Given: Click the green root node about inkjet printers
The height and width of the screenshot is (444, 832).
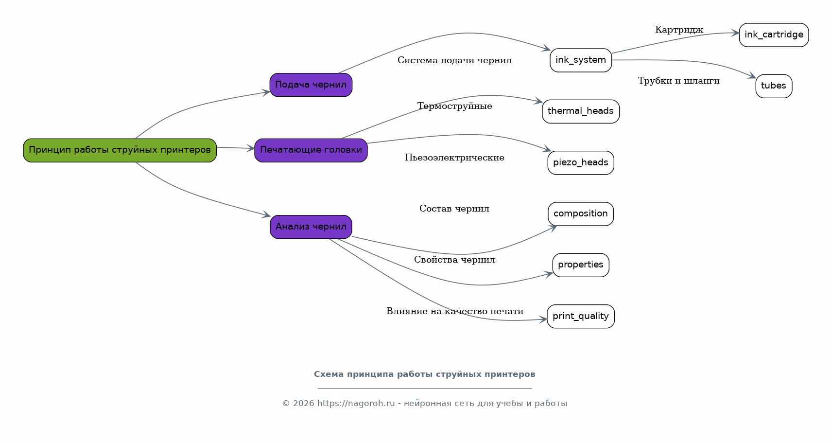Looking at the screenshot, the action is (120, 150).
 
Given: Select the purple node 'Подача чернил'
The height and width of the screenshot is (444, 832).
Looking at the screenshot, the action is (311, 85).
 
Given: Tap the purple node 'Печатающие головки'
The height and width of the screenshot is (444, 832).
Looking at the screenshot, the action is (311, 150).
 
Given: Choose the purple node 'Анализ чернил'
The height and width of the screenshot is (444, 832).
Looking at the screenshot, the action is (311, 227).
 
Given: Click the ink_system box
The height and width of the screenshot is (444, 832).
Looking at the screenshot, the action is (581, 60).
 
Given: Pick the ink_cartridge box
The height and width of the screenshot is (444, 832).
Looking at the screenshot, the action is (774, 35).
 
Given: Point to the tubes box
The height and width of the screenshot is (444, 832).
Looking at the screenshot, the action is (774, 86).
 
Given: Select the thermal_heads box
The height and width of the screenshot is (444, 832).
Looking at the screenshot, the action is (581, 111).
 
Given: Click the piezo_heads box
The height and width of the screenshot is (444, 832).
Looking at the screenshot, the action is (581, 162).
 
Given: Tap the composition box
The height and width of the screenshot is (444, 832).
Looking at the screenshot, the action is (581, 213).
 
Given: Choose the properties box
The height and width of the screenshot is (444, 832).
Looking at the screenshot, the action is (581, 265).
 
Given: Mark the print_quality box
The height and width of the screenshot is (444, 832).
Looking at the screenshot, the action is (581, 316).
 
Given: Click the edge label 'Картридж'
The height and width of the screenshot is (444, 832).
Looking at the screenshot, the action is (679, 30).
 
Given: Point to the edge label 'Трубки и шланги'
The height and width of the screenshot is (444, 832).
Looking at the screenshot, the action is (678, 81).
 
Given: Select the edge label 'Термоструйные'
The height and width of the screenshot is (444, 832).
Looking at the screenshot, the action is (454, 107).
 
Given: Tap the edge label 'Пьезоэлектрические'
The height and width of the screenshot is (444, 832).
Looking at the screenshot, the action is (454, 158).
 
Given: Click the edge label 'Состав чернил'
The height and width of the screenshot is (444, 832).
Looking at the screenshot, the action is (454, 209).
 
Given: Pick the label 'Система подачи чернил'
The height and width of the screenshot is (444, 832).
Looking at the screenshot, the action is (454, 60).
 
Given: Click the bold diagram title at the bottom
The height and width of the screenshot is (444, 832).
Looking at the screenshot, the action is (425, 374).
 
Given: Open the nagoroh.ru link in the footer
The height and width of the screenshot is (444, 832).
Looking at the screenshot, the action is (356, 404).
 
